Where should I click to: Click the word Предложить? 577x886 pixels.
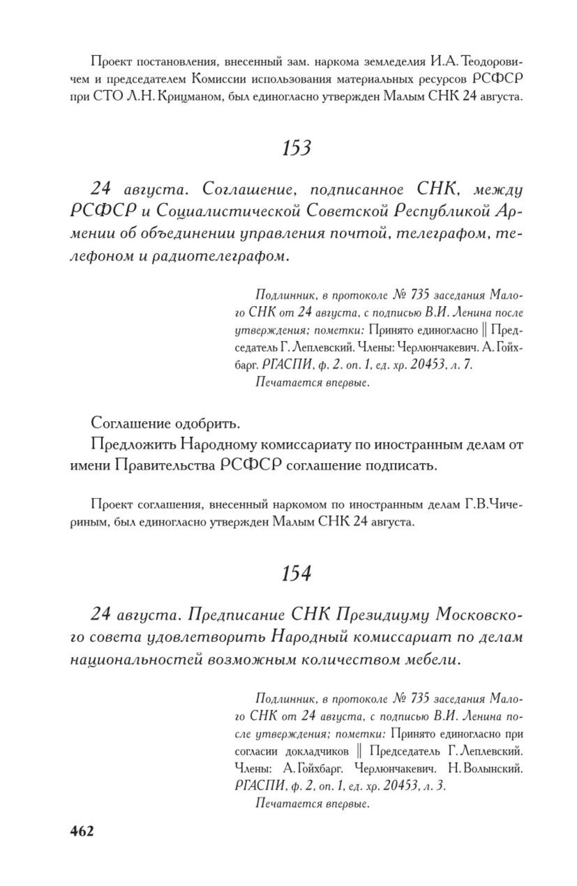(133, 445)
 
